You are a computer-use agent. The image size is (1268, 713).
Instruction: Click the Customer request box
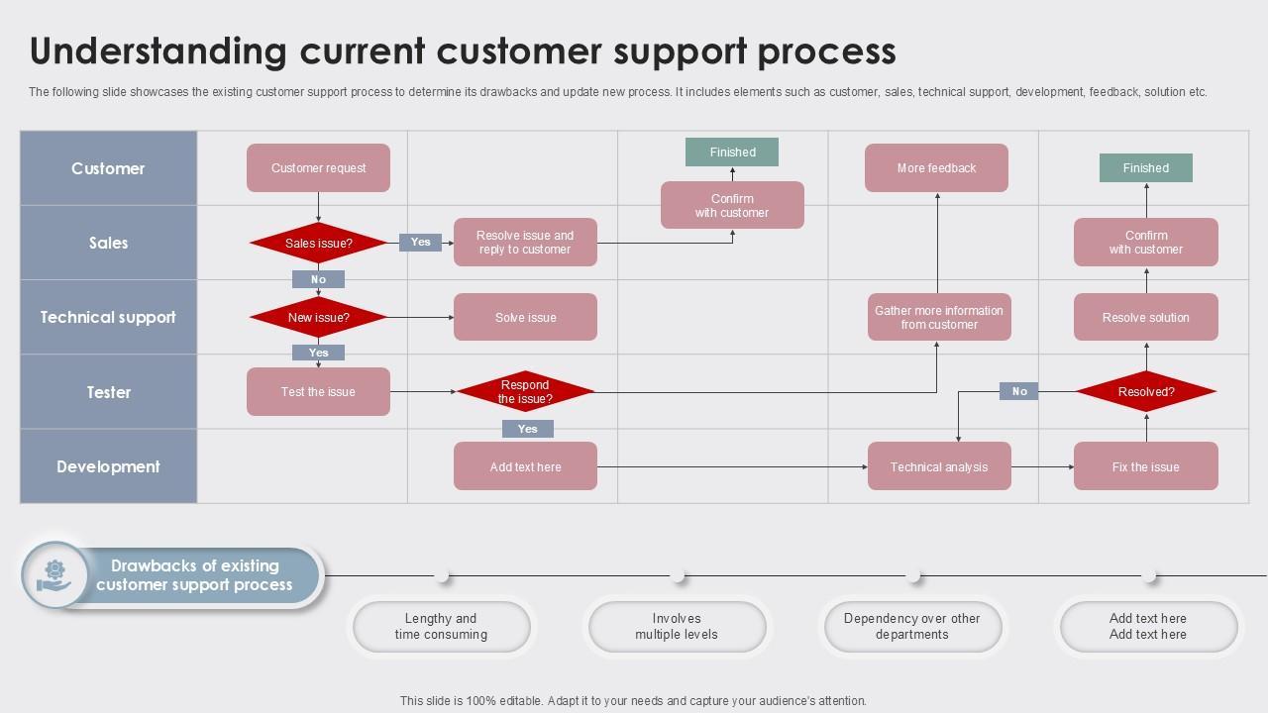[318, 168]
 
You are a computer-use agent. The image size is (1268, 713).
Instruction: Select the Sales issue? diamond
[318, 243]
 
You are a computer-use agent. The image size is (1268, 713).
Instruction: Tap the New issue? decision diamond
[318, 318]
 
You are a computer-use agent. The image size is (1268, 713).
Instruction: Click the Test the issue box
[318, 392]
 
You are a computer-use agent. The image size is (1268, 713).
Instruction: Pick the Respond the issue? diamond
[525, 392]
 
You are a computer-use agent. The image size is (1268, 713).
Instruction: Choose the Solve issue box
[525, 318]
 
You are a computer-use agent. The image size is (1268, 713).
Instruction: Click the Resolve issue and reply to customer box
[525, 243]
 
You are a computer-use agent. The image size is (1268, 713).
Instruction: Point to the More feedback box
[936, 168]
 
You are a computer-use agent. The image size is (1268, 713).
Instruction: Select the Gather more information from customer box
[939, 318]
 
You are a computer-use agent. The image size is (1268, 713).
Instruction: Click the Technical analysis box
[939, 466]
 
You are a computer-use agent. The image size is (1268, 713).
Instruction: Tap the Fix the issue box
[1145, 466]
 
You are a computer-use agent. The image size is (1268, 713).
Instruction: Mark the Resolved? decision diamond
[1146, 392]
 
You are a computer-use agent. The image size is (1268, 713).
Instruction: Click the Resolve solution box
[1145, 318]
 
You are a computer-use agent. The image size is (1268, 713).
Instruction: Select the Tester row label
[108, 392]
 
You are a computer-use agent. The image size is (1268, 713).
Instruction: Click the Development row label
[108, 466]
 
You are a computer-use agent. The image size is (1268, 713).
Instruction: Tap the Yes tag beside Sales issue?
[420, 243]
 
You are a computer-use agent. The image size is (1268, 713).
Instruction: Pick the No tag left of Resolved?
[1018, 392]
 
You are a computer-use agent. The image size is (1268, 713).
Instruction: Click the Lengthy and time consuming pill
[441, 627]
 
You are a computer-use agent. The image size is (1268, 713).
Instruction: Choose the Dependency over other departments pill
[911, 627]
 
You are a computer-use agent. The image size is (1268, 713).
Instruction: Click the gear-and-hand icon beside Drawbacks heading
[54, 575]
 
